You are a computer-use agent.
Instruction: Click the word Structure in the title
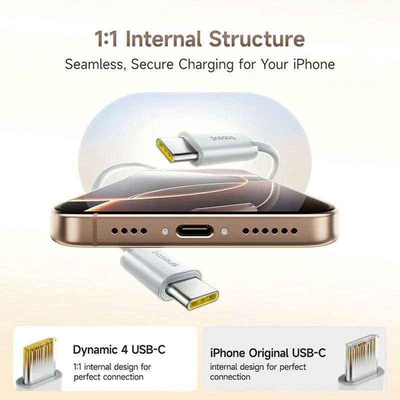click(256, 39)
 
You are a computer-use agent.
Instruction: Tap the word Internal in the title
click(164, 39)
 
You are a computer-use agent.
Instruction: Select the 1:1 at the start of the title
click(107, 39)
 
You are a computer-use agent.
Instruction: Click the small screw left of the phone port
click(163, 231)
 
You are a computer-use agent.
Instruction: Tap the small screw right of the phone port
click(224, 231)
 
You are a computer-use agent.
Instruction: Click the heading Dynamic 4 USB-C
click(119, 349)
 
